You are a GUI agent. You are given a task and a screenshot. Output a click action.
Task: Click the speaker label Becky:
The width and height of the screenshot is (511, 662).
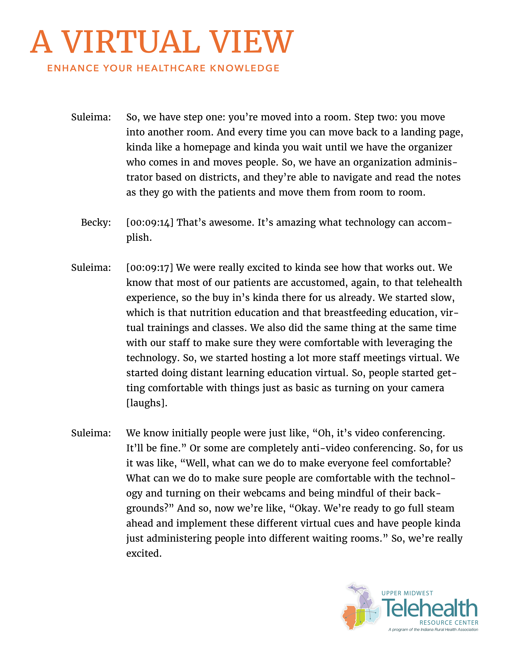[x=96, y=222]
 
